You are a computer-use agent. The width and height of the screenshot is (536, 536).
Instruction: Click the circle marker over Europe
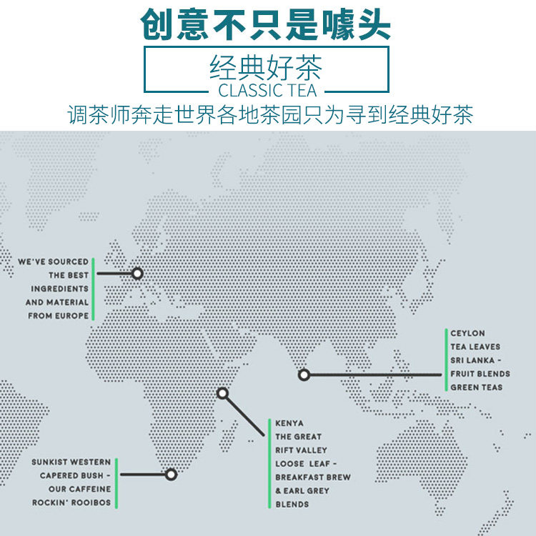coord(137,273)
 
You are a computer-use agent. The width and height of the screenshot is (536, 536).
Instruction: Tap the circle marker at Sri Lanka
coord(304,374)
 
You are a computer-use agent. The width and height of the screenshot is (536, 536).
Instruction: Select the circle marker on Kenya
coord(222,393)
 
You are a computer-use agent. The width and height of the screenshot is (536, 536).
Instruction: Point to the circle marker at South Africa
coord(171,474)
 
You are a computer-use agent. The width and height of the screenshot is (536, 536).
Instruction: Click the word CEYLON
coord(467,333)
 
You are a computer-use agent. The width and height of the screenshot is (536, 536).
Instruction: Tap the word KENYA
coord(289,423)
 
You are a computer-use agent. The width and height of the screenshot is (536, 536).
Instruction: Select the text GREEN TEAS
coord(476,387)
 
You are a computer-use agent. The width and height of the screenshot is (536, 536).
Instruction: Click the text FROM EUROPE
coord(59,315)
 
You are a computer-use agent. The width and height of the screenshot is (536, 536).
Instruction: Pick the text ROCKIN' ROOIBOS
coord(71,502)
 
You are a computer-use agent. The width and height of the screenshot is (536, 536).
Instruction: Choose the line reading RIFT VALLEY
coord(301,450)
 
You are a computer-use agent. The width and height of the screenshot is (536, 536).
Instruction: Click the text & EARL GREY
coord(302,491)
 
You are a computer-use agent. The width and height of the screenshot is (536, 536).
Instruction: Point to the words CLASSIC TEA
coord(267,91)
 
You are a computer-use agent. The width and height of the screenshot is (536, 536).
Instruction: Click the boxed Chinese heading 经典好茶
coord(267,69)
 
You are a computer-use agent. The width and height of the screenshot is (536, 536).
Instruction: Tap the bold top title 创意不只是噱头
coord(266,24)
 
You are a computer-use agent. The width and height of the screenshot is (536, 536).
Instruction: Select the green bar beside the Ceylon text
coord(445,360)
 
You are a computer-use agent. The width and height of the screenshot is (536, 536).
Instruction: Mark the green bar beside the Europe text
coord(93,289)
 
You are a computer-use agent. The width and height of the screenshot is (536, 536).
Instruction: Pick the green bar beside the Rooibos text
coord(116,482)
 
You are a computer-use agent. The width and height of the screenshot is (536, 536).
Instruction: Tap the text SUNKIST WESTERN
coord(71,462)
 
